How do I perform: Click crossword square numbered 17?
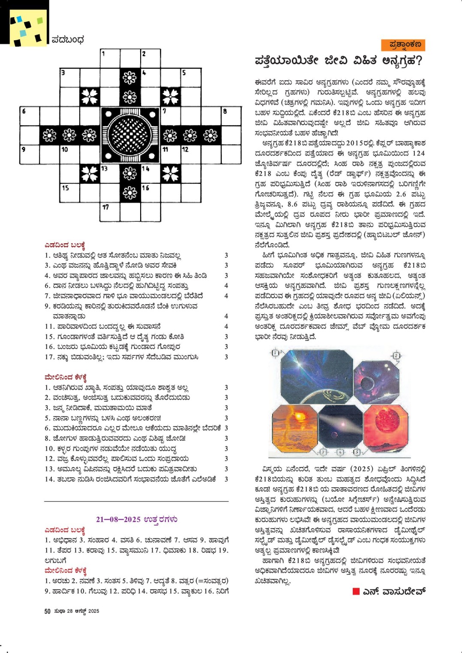point(110,212)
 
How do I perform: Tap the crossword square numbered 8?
point(231,116)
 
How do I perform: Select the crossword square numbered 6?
point(30,116)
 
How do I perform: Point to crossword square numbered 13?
point(110,173)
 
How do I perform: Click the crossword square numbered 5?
point(190,78)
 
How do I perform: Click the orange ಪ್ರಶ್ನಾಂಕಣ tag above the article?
point(403,45)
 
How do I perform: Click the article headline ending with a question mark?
point(338,61)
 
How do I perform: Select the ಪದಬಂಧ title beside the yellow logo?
point(68,40)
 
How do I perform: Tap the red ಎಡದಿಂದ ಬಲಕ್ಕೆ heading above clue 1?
point(65,245)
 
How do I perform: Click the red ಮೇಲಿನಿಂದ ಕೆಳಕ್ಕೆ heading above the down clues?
point(66,377)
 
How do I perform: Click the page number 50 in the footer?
point(47,611)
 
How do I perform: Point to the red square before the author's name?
point(356,591)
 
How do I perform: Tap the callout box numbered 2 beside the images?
point(396,356)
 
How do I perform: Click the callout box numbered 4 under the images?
point(340,452)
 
